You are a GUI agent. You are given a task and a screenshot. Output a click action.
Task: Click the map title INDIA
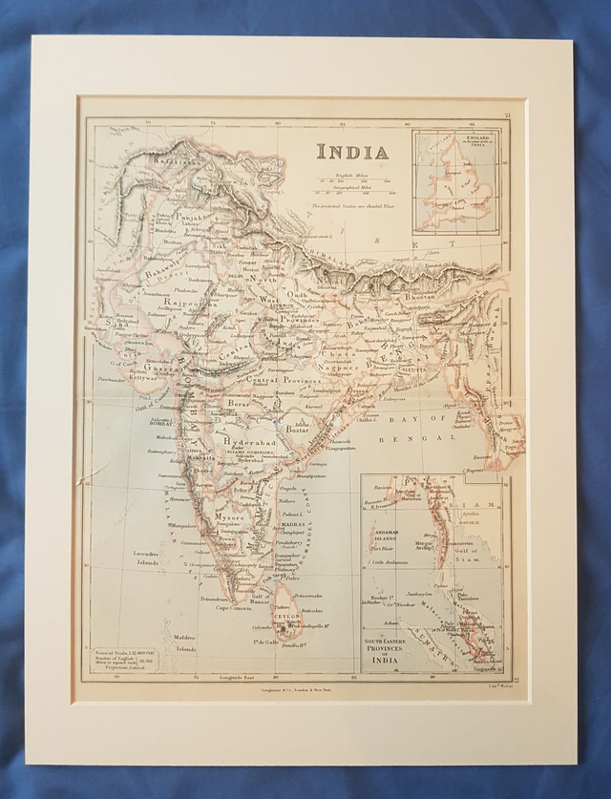(352, 152)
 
